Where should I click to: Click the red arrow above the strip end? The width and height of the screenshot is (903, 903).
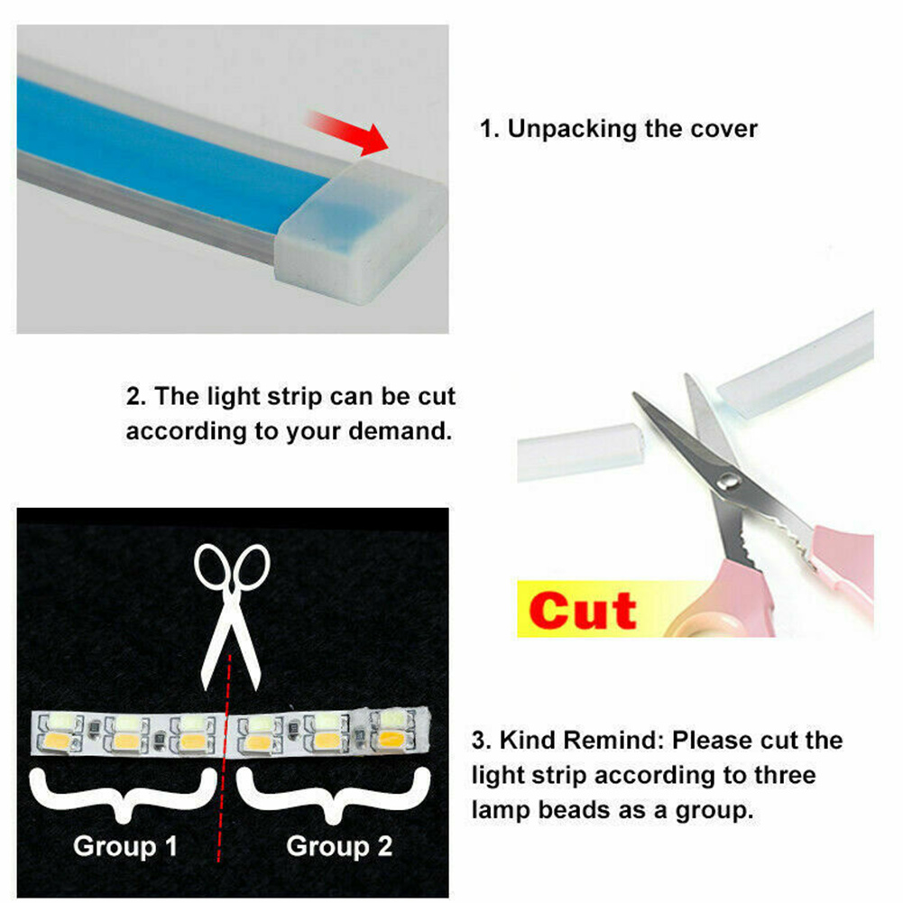tap(348, 132)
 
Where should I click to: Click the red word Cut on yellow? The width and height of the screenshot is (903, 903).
tap(583, 611)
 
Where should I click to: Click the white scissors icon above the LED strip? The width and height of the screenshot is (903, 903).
tap(232, 616)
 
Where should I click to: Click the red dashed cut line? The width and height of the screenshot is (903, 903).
tap(225, 759)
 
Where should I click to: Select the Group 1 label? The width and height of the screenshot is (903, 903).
tap(125, 846)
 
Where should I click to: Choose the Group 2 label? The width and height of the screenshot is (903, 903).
tap(339, 846)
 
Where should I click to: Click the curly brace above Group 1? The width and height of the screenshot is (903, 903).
tap(124, 795)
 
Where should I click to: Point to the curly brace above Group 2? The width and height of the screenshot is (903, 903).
tap(334, 796)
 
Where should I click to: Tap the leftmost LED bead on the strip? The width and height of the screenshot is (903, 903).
tap(60, 733)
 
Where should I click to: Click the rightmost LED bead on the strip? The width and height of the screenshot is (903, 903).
tap(392, 729)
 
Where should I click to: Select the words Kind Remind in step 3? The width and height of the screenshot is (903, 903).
tap(584, 740)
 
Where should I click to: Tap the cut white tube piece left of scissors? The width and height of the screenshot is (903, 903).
tap(579, 451)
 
